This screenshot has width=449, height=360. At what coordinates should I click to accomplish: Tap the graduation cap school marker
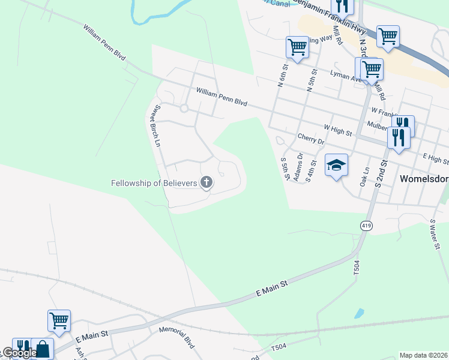pyautogui.click(x=336, y=165)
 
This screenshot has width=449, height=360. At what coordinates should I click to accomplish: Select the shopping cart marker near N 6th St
pyautogui.click(x=297, y=47)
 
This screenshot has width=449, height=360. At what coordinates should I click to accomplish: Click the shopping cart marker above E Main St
pyautogui.click(x=59, y=320)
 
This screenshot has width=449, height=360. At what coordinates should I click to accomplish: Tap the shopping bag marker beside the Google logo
pyautogui.click(x=43, y=348)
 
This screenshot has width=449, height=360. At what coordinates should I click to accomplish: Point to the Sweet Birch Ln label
pyautogui.click(x=157, y=126)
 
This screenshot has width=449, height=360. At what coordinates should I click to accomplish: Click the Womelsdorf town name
pyautogui.click(x=424, y=179)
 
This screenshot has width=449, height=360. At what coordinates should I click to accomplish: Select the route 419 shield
pyautogui.click(x=366, y=225)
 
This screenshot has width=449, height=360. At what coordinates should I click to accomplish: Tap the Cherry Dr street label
pyautogui.click(x=310, y=139)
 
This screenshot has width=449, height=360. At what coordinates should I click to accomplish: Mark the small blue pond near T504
pyautogui.click(x=358, y=313)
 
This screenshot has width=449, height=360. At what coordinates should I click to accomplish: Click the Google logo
pyautogui.click(x=19, y=353)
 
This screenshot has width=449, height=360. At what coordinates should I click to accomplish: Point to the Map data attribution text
pyautogui.click(x=423, y=355)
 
